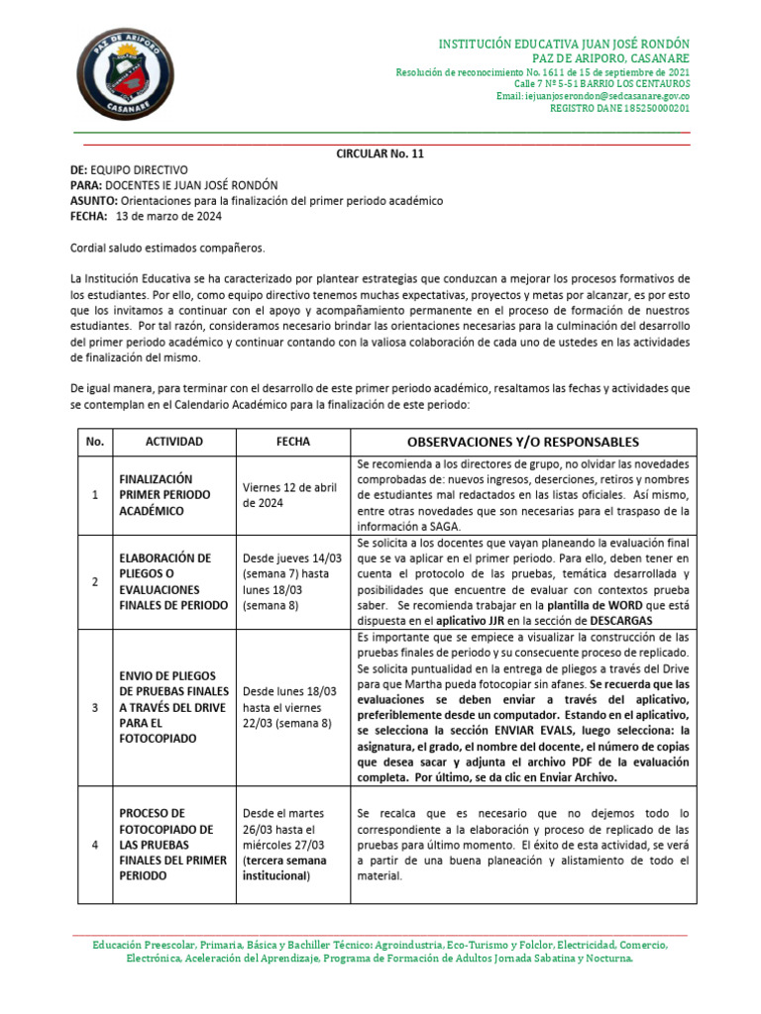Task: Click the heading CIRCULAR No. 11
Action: pos(380,153)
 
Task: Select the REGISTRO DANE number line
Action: pos(619,108)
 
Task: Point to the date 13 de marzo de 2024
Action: pos(169,216)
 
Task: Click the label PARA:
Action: pos(86,185)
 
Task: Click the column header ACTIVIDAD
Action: pos(173,442)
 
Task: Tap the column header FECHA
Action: pos(293,442)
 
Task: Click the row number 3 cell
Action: pos(94,709)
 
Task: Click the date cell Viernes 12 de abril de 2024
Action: pos(289,495)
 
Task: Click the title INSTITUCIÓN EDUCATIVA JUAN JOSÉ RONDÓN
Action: pos(564,46)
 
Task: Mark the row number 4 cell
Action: pos(94,845)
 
